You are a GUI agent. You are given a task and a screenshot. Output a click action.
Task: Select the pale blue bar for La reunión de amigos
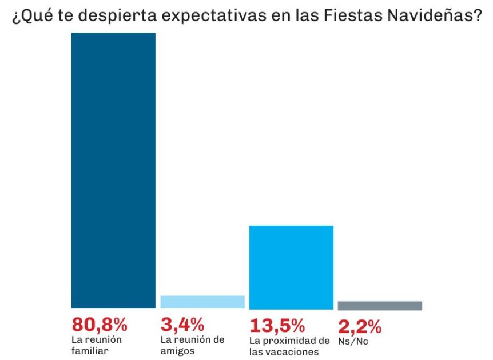[x=202, y=302]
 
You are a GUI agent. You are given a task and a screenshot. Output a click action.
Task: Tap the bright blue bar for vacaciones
[x=291, y=267]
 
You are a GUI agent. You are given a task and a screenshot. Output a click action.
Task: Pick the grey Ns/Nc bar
[x=380, y=306]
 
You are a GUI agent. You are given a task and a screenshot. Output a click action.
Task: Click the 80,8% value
[x=99, y=325]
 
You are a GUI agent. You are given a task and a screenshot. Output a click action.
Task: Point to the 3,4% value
[x=182, y=325]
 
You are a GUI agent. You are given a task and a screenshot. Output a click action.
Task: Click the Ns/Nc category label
[x=352, y=342]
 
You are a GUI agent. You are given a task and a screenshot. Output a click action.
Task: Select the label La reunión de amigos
[x=193, y=345]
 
